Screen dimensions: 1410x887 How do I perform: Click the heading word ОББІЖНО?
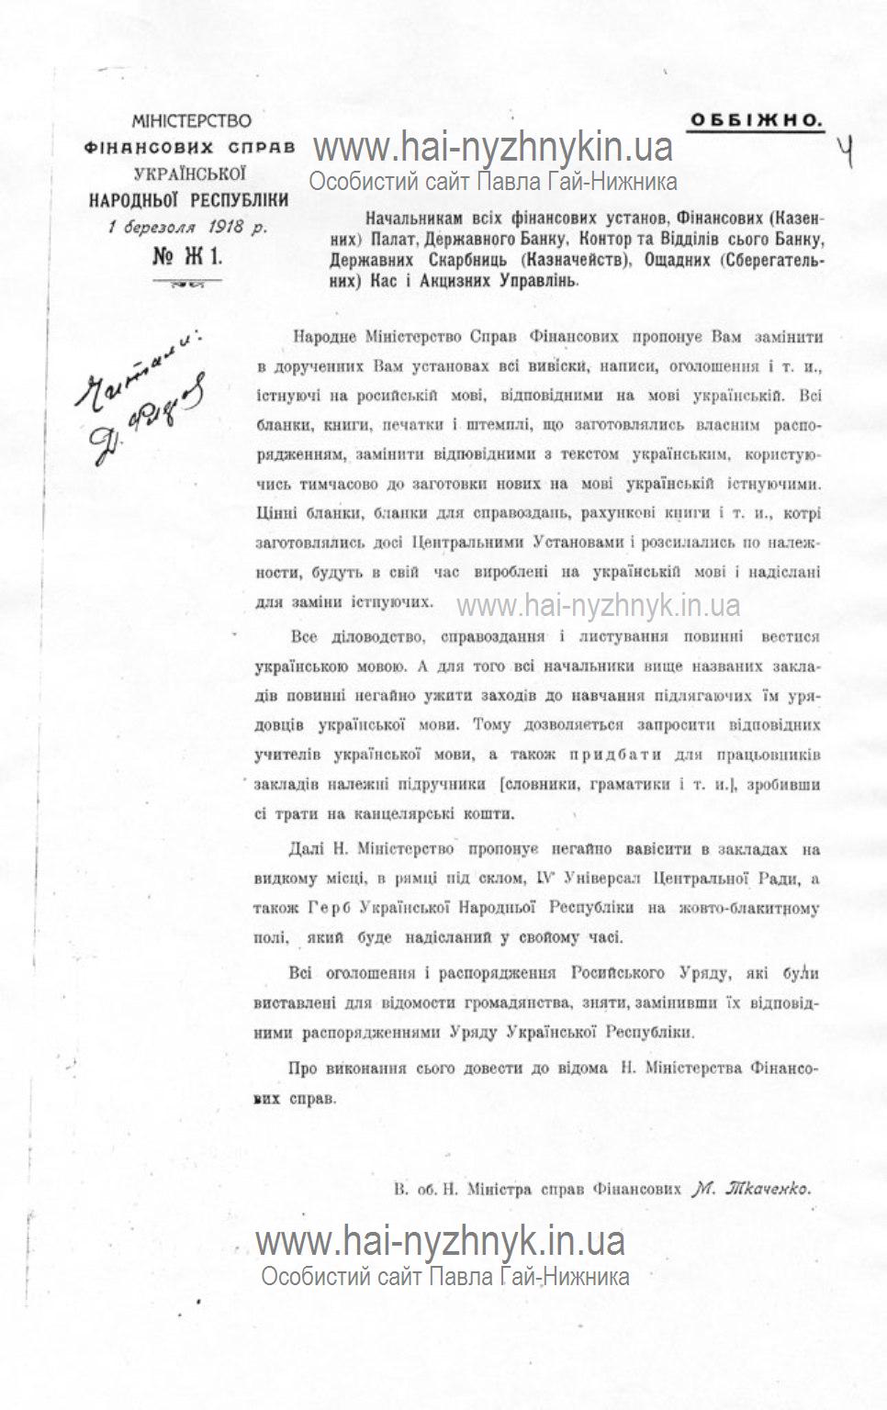coord(756,119)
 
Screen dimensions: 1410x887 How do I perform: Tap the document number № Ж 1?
coord(187,257)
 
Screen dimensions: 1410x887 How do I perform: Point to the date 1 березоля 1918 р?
coord(187,229)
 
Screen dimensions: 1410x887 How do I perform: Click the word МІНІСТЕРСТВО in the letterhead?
coord(192,120)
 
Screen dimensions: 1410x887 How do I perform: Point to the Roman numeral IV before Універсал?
coord(543,878)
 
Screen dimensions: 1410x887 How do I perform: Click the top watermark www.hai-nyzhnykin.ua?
coord(493,147)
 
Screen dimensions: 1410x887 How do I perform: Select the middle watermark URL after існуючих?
coord(598,605)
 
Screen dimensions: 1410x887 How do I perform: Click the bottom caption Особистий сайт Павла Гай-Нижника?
coord(444,1276)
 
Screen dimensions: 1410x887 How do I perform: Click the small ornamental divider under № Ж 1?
coord(188,284)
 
